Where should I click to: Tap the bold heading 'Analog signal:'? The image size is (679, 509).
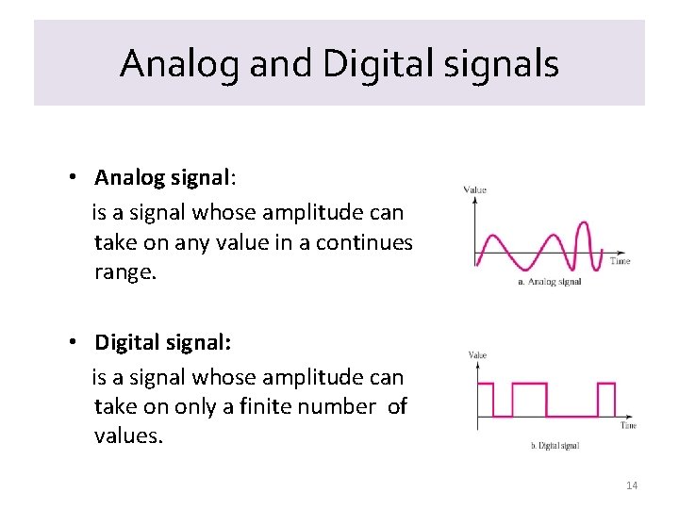(x=162, y=177)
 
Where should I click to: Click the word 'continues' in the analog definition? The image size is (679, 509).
(x=364, y=242)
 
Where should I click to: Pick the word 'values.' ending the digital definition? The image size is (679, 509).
(x=128, y=435)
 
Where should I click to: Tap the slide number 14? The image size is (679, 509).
(x=631, y=485)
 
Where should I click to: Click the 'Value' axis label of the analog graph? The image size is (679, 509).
(x=475, y=190)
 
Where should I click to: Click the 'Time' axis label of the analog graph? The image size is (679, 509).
(x=620, y=261)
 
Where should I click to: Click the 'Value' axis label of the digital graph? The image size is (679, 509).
(x=477, y=355)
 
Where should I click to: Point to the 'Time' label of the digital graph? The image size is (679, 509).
(x=627, y=425)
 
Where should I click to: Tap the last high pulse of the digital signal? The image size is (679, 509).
(x=606, y=385)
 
